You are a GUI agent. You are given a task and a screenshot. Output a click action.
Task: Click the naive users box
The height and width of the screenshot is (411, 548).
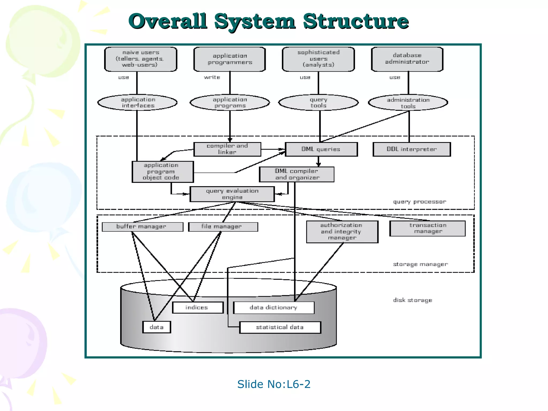click(x=140, y=59)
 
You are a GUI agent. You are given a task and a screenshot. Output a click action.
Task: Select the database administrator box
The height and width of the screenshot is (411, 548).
click(x=407, y=59)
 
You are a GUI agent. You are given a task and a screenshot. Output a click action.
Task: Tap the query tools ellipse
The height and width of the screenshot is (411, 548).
click(x=318, y=102)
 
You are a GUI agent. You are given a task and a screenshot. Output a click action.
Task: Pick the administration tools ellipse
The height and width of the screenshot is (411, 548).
click(x=408, y=103)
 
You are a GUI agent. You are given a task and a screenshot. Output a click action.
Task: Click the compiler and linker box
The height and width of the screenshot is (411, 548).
click(x=227, y=149)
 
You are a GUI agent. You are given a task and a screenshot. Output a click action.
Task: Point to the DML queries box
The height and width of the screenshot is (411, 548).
click(x=321, y=149)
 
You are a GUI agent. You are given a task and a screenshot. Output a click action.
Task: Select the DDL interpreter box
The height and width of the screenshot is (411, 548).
click(x=412, y=149)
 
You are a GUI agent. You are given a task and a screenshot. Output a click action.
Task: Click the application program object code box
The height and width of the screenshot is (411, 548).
click(x=162, y=172)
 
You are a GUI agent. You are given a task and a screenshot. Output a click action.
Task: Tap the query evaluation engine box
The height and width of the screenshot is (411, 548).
click(x=232, y=194)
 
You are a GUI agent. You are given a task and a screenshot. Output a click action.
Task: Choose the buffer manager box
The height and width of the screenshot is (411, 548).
click(x=142, y=227)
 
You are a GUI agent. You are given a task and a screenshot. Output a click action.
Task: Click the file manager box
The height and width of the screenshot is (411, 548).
click(x=223, y=227)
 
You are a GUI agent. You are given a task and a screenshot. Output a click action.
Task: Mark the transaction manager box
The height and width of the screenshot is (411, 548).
click(x=427, y=228)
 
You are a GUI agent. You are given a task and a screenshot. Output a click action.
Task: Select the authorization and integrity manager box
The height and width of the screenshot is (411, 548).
click(x=342, y=232)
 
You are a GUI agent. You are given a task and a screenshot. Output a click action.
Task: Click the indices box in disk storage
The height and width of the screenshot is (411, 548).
click(x=197, y=307)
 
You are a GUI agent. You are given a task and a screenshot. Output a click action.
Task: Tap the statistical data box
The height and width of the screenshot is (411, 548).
click(x=280, y=327)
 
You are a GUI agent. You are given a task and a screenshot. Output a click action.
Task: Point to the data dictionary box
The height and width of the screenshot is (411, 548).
click(x=273, y=307)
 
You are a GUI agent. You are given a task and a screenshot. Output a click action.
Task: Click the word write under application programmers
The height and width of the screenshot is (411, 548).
click(x=212, y=77)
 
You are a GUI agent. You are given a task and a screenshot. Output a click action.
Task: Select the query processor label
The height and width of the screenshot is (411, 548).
click(x=419, y=202)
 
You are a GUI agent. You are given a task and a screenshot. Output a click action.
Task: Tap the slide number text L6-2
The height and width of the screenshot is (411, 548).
click(x=298, y=384)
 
